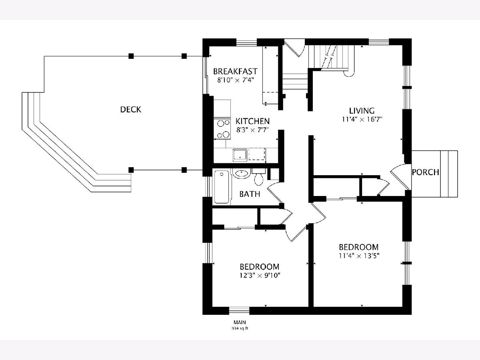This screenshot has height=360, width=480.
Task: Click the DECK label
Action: (131, 109)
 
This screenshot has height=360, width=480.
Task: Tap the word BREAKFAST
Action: (235, 71)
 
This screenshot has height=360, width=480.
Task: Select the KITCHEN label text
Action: (252, 121)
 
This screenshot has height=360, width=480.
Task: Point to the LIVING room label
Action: (362, 111)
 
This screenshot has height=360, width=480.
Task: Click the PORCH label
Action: (426, 172)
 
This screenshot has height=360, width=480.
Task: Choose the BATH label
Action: (250, 194)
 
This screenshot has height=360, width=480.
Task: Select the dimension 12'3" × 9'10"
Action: (259, 275)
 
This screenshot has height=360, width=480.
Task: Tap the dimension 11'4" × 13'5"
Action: (358, 255)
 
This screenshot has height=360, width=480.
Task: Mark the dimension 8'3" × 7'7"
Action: (252, 129)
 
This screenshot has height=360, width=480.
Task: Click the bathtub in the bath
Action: (222, 187)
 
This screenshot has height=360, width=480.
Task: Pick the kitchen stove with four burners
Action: (222, 129)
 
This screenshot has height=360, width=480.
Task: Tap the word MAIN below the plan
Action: (240, 322)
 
